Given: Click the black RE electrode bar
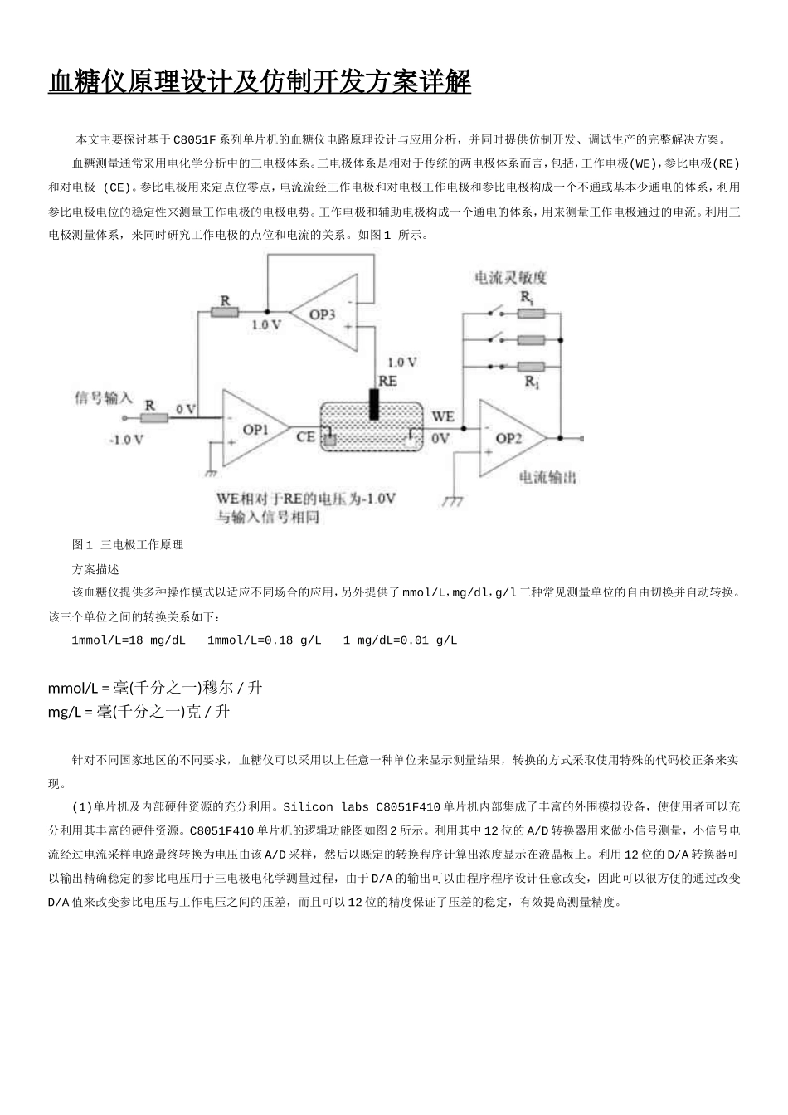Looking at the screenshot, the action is pos(374,403).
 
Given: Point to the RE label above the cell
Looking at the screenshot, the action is pos(387,381).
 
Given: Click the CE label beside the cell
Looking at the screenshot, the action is pos(305,436).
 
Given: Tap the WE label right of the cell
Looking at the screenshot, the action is pos(443,416).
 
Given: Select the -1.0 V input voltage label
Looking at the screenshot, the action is pos(126,440).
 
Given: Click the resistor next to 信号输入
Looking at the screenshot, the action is pos(153,419).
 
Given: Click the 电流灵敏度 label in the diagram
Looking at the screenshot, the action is pos(510,278).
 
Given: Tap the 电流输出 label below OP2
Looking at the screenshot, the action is pos(547,478).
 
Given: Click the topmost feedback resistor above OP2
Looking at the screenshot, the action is pos(531,313).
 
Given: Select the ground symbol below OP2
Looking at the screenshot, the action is pos(453,501).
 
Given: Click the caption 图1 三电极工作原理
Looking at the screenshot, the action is pos(128,544).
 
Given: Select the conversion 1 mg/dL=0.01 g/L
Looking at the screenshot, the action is pos(400,640).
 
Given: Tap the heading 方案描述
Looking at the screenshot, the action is pos(96,569).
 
